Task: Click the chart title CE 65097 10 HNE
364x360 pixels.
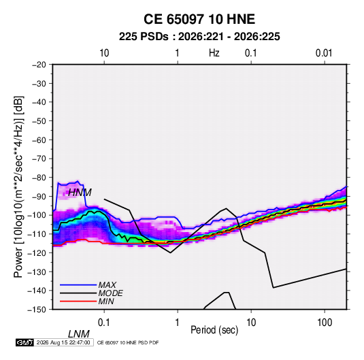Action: tap(199, 19)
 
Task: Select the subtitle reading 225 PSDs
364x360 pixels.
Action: tap(144, 37)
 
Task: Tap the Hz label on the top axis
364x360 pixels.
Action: tap(214, 53)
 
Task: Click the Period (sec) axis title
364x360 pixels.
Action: tap(214, 330)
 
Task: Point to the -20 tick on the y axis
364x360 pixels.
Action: tap(39, 65)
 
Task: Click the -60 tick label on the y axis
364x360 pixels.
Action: tap(39, 140)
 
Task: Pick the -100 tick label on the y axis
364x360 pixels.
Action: tap(37, 215)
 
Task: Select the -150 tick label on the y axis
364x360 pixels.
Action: tap(37, 310)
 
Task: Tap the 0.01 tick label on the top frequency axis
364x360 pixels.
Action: tap(324, 53)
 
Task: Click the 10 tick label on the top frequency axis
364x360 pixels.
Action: tap(104, 53)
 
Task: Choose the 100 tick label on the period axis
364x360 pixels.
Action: tap(325, 323)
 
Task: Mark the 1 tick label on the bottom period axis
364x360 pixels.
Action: tap(178, 323)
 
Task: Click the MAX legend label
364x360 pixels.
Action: tap(107, 285)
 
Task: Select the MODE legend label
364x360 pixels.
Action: tap(110, 293)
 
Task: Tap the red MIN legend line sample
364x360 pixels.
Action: tap(78, 301)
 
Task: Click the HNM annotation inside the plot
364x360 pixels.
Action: tap(80, 193)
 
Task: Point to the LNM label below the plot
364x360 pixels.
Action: tap(79, 334)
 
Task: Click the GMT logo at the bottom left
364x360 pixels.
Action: tap(24, 342)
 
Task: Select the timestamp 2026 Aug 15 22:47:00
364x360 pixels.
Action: tap(63, 342)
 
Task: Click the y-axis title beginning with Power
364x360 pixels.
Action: tap(18, 187)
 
